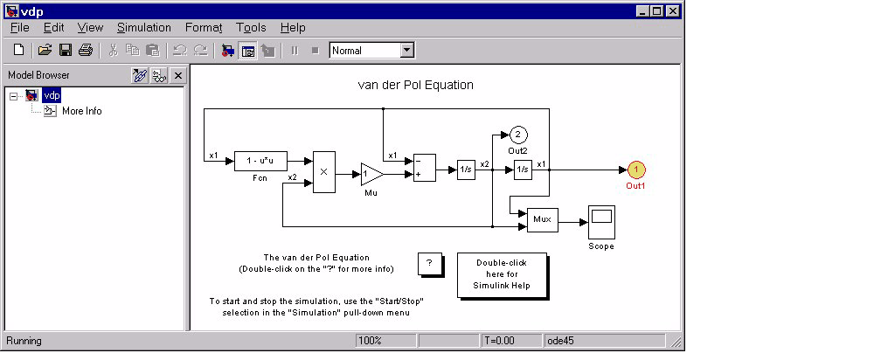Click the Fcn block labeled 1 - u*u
click(260, 161)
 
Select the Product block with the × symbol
click(324, 172)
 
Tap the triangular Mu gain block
click(371, 175)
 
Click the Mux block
click(543, 219)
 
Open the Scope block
click(601, 222)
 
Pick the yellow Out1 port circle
click(636, 170)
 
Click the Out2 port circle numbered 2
click(517, 135)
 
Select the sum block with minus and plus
click(424, 168)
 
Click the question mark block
click(430, 264)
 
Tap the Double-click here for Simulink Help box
click(502, 274)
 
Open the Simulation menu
click(144, 27)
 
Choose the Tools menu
click(251, 27)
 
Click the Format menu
click(204, 27)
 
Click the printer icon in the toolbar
click(86, 51)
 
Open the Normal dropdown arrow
click(407, 51)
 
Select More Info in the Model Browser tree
click(82, 111)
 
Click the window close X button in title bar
click(673, 10)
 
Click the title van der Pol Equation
click(415, 86)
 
